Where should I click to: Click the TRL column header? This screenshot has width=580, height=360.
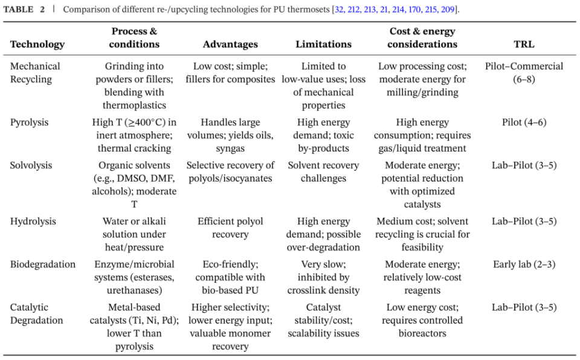(524, 44)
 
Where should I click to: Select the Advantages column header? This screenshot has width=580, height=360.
(230, 44)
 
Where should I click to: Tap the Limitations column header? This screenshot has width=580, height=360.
(323, 44)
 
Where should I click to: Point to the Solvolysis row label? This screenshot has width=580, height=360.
(31, 165)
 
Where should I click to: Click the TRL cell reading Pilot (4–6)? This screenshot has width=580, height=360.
(524, 122)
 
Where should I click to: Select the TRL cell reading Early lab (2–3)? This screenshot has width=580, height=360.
(524, 264)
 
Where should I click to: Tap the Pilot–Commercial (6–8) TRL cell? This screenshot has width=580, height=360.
(524, 72)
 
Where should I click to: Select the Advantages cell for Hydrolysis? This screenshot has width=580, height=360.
(230, 228)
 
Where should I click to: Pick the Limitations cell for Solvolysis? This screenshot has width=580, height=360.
(323, 172)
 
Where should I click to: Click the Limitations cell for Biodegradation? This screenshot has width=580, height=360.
(323, 277)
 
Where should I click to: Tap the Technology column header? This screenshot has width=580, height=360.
(37, 44)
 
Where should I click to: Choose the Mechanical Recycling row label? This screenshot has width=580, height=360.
(35, 72)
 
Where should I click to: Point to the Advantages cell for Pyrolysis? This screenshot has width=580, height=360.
(230, 135)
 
